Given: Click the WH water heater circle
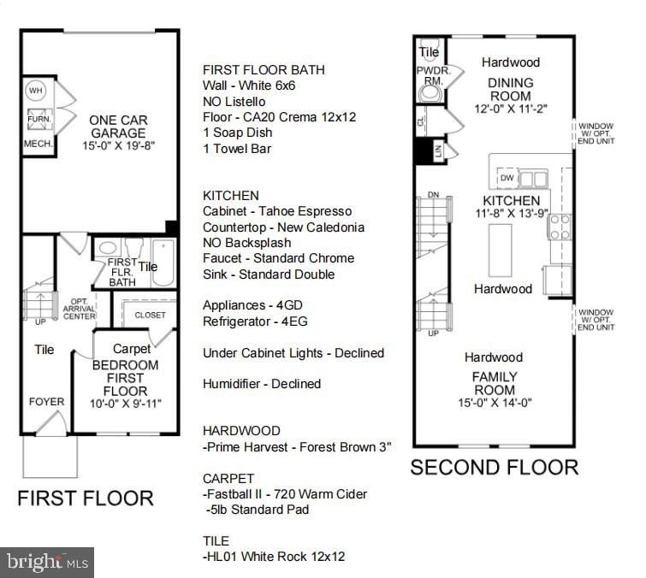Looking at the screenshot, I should coord(36,90).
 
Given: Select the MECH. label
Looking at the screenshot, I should coord(38,144).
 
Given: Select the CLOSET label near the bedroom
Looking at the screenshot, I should coord(150,315).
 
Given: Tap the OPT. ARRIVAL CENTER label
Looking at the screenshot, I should coord(79,310).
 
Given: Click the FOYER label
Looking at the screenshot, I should coord(46,401).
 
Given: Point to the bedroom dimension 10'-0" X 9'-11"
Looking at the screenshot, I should coord(126,402).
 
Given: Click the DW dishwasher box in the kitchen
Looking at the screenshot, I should coord(507,178).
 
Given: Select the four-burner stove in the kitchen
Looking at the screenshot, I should coord(560,227).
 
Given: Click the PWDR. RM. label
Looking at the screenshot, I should coord(429,76).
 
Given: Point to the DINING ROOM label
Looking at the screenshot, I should coord(510,89).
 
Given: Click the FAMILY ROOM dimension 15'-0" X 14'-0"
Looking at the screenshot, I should coord(495,404).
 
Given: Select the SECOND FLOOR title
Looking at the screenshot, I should coord(494,467).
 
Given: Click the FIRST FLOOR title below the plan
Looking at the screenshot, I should coord(86,498).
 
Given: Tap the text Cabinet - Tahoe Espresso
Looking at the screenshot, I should coord(276,211).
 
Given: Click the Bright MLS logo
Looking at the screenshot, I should coord(47,562).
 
